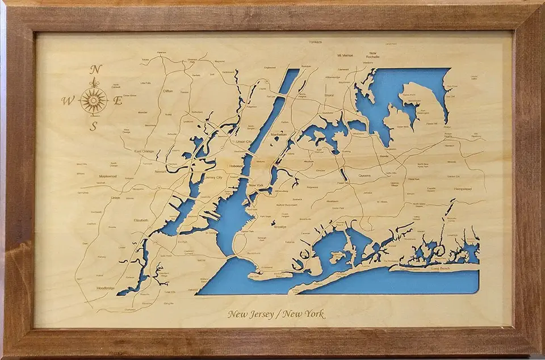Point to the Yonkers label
[315, 41]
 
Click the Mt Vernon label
[345, 56]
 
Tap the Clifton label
[167, 91]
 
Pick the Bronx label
[329, 95]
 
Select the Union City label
[243, 141]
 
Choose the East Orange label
[144, 152]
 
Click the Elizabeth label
[140, 220]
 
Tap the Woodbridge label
[105, 288]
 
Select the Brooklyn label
[280, 227]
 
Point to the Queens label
[364, 176]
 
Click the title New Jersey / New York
[276, 314]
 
